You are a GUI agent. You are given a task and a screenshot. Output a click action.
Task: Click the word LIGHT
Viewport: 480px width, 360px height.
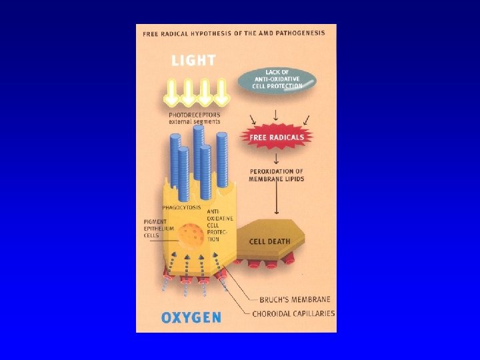(x=193, y=60)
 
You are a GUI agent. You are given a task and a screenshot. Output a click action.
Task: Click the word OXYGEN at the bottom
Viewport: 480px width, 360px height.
(x=191, y=317)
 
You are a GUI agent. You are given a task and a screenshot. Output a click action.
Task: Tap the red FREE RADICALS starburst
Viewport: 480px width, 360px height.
(x=277, y=138)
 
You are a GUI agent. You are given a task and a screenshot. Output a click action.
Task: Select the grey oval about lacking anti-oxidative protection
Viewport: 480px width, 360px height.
(x=277, y=81)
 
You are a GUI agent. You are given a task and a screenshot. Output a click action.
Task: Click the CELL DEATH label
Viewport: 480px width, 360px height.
(x=269, y=241)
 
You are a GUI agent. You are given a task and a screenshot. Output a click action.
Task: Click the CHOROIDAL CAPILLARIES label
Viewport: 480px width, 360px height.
(x=293, y=313)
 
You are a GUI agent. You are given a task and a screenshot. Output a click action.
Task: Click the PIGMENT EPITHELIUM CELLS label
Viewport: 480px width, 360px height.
(x=158, y=228)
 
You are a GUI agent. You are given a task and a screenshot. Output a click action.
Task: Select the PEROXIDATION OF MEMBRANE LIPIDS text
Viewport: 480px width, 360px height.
(x=276, y=175)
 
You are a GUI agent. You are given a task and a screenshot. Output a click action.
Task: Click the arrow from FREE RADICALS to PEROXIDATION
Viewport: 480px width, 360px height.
(x=276, y=157)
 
